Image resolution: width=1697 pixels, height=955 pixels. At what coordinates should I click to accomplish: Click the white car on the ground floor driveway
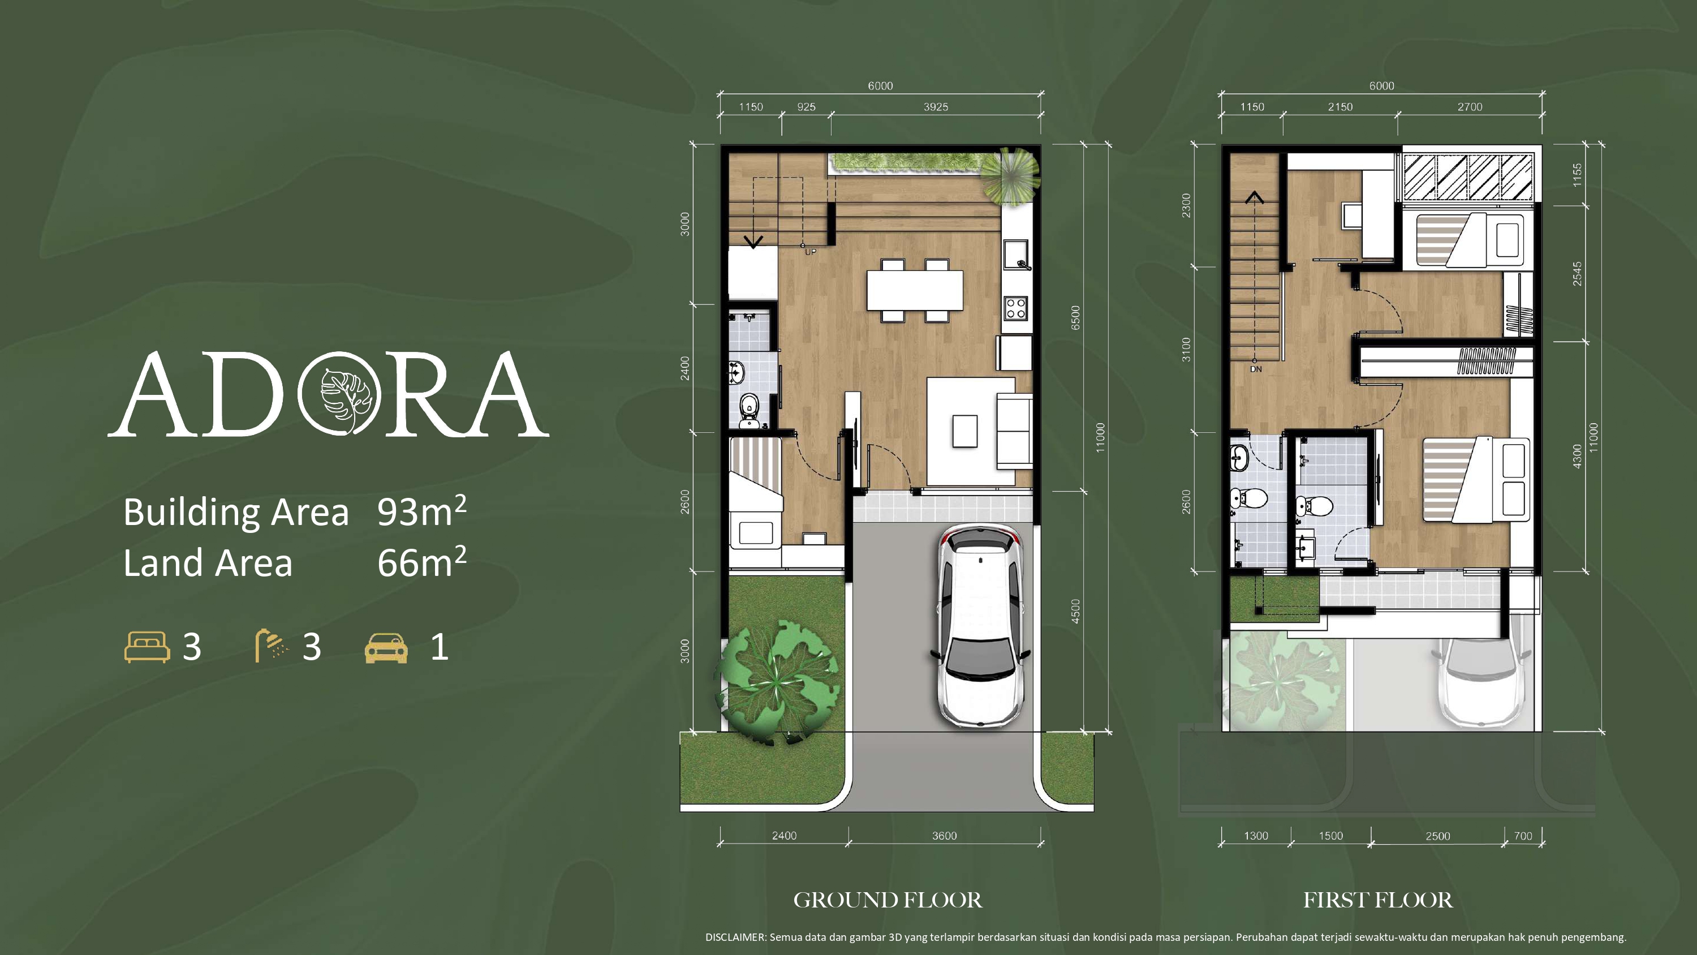click(x=981, y=626)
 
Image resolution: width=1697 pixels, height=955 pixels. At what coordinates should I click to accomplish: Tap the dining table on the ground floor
click(x=914, y=291)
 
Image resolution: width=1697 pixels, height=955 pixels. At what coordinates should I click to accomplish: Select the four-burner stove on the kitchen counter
click(x=1015, y=308)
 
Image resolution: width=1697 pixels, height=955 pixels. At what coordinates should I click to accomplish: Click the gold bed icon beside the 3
click(x=147, y=647)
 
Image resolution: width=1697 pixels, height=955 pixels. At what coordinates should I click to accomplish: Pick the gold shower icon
click(x=272, y=645)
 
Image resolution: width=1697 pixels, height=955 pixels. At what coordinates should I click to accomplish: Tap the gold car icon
click(x=386, y=647)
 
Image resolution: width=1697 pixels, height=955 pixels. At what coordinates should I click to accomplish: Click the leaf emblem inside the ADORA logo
click(x=339, y=394)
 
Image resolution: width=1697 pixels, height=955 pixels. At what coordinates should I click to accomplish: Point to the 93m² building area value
click(x=421, y=511)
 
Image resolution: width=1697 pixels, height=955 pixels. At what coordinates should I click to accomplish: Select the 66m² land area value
click(x=421, y=562)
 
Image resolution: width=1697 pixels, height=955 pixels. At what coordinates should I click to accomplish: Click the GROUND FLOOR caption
click(x=888, y=900)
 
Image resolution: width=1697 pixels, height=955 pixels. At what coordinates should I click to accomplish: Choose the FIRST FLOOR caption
click(x=1377, y=900)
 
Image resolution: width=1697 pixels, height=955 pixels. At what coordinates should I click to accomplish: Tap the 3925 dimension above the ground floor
click(x=936, y=107)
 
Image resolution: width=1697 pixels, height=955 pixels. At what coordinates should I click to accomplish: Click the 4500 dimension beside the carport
click(x=1075, y=611)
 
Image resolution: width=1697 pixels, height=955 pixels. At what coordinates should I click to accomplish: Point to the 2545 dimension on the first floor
click(x=1577, y=273)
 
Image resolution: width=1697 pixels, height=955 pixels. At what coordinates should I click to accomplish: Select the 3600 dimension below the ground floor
click(x=944, y=836)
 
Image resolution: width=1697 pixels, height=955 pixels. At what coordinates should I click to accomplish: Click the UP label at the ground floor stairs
click(x=810, y=252)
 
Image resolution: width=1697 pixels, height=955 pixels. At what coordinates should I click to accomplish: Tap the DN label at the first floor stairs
click(x=1256, y=369)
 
